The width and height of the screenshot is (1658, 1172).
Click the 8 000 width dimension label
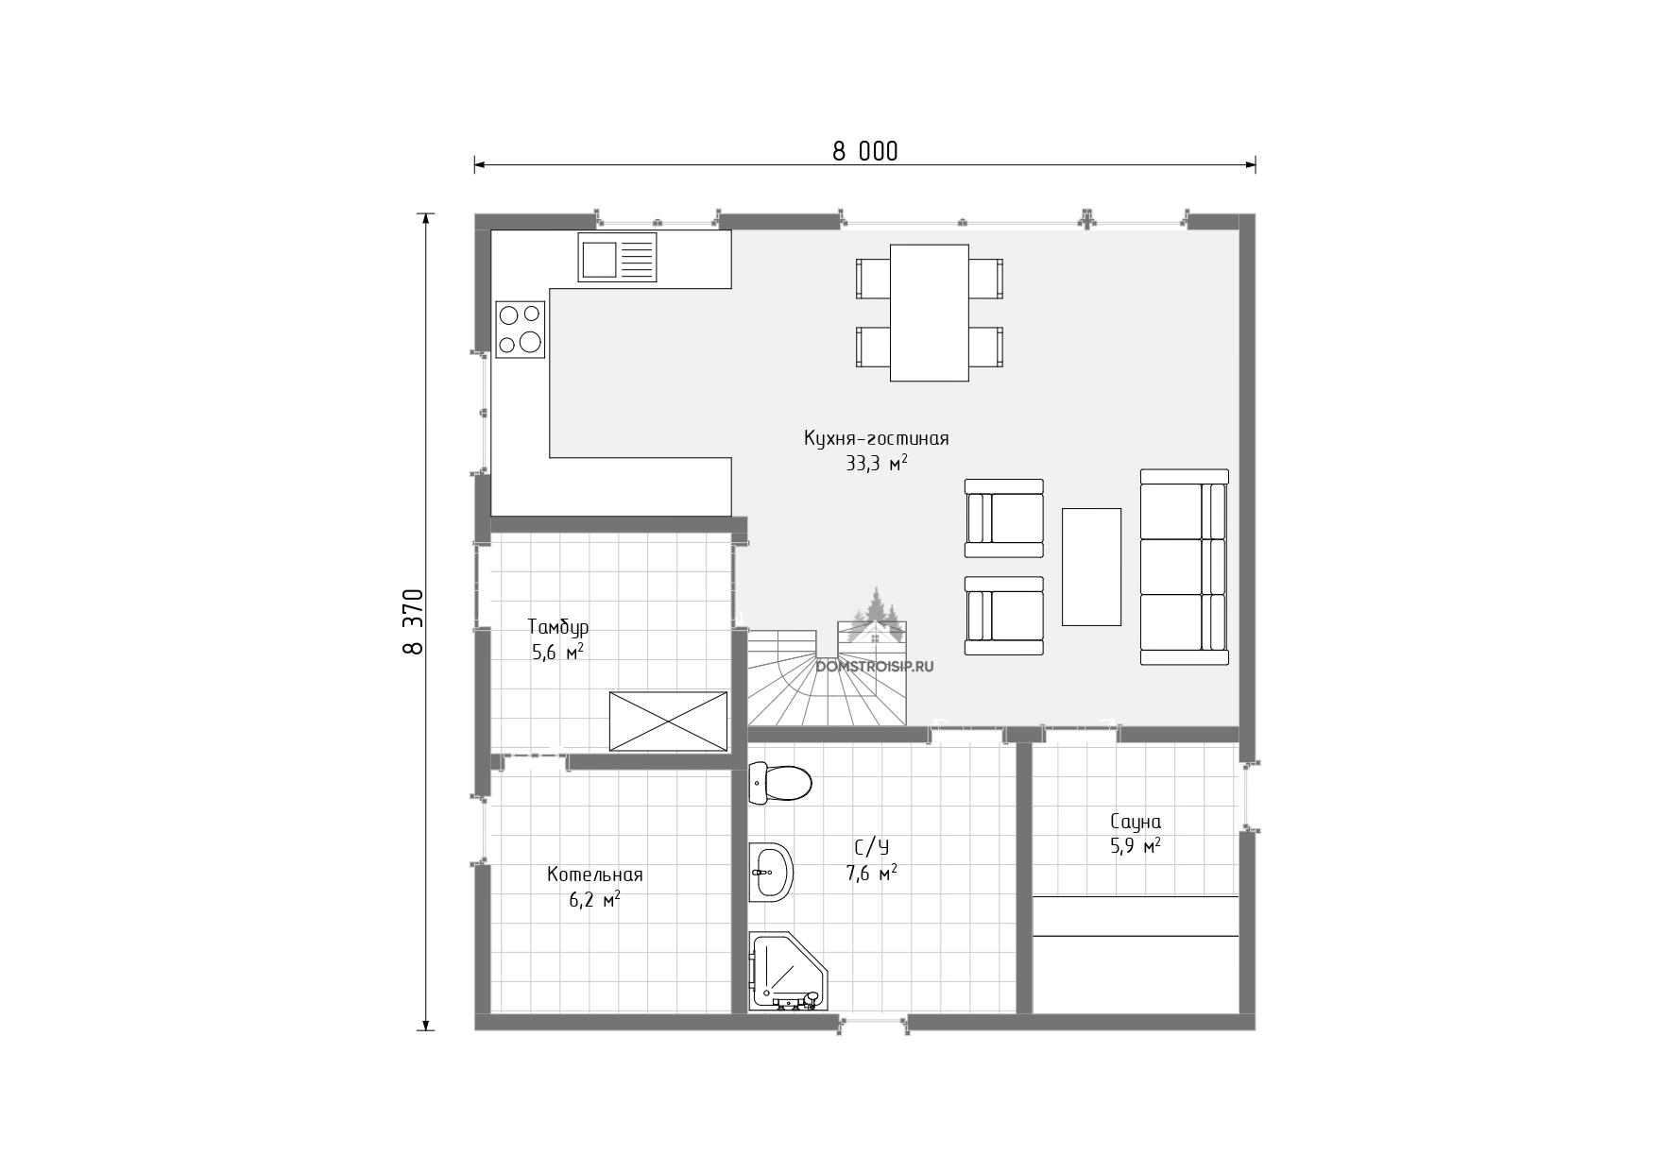pos(864,151)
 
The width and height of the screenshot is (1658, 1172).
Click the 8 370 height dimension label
pos(413,621)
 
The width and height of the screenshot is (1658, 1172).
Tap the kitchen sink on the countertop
pos(618,258)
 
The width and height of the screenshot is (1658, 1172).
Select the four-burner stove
pos(521,329)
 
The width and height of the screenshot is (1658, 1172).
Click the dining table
pos(930,313)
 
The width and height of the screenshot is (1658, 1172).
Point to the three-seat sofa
pos(1185,568)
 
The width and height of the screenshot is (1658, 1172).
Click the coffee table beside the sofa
pos(1091,567)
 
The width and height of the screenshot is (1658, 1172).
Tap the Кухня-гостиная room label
pos(876,438)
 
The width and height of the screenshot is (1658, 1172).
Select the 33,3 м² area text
pos(877,463)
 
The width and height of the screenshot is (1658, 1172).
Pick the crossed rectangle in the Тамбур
pos(668,722)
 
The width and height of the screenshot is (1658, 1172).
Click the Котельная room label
pos(594,875)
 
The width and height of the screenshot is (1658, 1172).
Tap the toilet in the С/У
pos(780,782)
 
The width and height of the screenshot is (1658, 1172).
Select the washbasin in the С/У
pos(770,872)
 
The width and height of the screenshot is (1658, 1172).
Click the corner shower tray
pos(784,972)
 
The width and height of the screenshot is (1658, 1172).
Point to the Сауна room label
pos(1136,822)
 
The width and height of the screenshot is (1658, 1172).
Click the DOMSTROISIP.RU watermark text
pos(874,666)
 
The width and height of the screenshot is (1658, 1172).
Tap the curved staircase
pos(828,675)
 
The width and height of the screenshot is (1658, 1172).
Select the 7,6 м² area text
pos(871,874)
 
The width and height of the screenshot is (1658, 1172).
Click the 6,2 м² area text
pos(594,899)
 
